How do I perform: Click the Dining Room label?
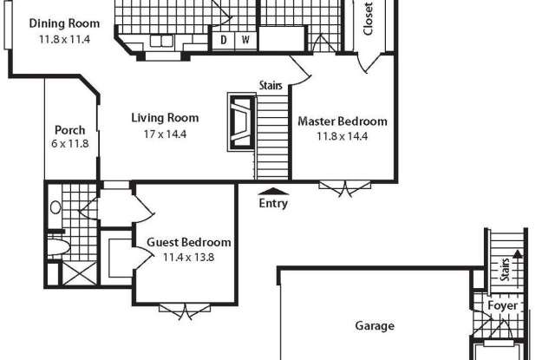(64, 23)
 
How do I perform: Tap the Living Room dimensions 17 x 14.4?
(165, 134)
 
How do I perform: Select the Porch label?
(69, 130)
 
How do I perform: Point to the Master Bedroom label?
(343, 121)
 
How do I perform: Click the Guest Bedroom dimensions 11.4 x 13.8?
(189, 257)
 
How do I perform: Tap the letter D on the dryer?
(224, 40)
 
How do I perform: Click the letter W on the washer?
(245, 40)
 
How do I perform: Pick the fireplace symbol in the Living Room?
(241, 122)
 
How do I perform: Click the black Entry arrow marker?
(273, 192)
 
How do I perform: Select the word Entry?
(273, 204)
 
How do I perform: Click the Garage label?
(375, 325)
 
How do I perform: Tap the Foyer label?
(503, 305)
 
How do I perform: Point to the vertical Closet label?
(368, 19)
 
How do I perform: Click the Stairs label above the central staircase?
(271, 85)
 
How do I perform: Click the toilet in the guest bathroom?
(58, 246)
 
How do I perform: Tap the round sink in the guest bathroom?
(55, 207)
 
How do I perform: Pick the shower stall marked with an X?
(79, 273)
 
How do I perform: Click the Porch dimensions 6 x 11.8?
(69, 144)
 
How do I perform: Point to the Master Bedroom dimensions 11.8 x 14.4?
(342, 136)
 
